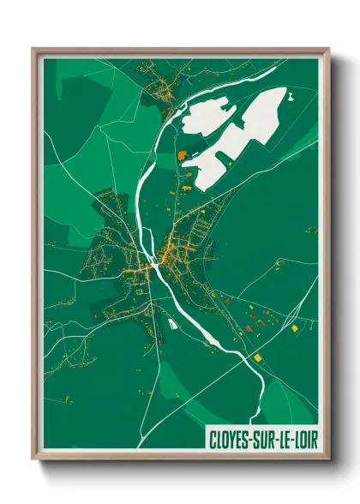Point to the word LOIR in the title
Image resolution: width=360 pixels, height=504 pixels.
pos(304,439)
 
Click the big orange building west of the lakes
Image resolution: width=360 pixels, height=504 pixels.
pos(182,156)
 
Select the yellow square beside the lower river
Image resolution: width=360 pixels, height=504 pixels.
pos(256,357)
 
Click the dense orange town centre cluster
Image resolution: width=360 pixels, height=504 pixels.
pos(165,255)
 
